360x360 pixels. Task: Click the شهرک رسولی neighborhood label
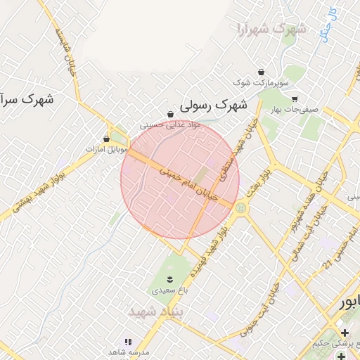214,105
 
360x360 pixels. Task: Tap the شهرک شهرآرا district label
271,30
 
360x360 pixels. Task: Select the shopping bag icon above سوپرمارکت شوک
262,72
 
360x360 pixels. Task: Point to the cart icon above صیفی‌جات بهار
294,99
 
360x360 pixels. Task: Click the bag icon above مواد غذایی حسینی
170,114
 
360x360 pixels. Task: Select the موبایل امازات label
106,150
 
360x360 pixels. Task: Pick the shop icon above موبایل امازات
106,139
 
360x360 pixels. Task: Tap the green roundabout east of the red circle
242,208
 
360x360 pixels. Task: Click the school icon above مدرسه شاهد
127,341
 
